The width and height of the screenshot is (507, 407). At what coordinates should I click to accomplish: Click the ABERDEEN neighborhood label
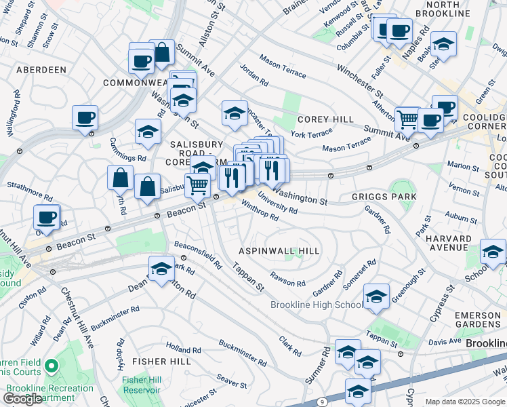tap(41, 70)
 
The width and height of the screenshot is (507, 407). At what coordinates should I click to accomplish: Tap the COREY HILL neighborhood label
tap(325, 119)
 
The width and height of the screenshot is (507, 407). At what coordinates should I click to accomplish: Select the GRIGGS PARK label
tap(384, 197)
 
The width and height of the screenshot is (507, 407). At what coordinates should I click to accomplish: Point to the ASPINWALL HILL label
tap(278, 251)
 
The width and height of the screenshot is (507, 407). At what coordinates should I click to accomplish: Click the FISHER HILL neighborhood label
tap(161, 362)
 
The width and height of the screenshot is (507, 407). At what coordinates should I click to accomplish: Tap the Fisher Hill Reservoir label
tap(141, 385)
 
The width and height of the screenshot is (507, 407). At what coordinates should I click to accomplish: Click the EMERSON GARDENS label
tap(477, 321)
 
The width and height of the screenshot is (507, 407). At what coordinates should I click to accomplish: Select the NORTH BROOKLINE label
tap(457, 9)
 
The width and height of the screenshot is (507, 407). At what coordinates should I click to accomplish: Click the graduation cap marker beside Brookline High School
tap(376, 296)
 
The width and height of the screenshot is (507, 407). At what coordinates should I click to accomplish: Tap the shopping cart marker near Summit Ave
tap(407, 119)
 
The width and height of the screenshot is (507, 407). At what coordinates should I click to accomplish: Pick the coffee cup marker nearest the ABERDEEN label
tap(85, 117)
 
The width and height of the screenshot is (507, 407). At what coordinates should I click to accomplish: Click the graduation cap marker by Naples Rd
tap(443, 44)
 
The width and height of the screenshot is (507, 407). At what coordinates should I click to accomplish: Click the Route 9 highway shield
tap(322, 402)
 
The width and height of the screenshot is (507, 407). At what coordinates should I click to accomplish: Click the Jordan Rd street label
tap(254, 75)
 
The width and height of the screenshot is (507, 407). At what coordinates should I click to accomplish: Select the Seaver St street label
tap(231, 381)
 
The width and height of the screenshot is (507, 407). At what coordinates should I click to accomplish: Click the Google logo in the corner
tap(22, 399)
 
